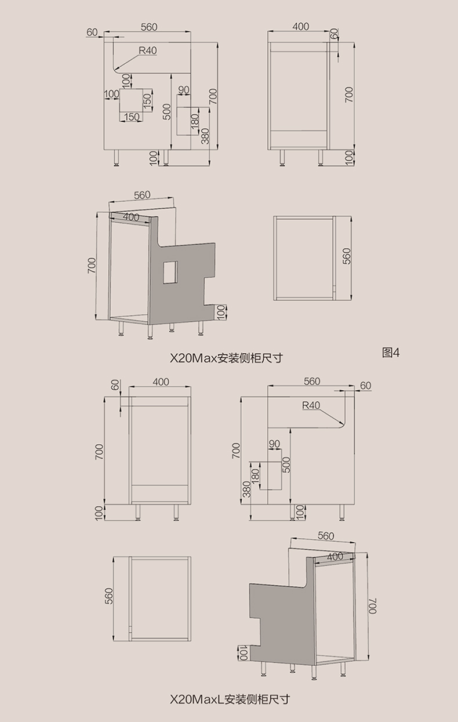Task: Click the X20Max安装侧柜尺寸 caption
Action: pos(226,358)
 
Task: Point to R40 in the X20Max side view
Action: pos(148,51)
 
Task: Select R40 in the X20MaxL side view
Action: pos(311,405)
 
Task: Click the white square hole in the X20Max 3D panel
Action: pos(170,271)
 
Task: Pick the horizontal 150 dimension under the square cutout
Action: pos(132,118)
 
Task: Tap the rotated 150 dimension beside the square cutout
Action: pos(147,100)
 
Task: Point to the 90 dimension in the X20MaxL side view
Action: pos(274,444)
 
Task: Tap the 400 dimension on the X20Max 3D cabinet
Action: pos(131,217)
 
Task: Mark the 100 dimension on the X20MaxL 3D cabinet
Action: pos(242,654)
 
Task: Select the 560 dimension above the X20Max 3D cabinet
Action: pos(142,195)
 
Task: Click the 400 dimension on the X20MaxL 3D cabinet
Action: pos(335,556)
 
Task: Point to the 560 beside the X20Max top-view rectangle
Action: pos(347,256)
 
